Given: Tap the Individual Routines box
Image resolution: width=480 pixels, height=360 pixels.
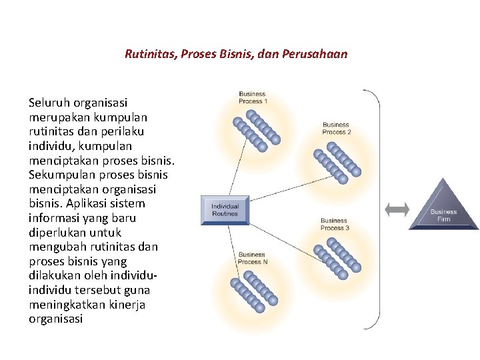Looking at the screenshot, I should click(x=225, y=210).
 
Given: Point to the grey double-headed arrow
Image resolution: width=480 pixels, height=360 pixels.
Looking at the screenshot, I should click(x=397, y=209).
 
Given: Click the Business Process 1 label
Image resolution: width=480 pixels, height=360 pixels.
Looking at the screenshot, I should click(x=252, y=97).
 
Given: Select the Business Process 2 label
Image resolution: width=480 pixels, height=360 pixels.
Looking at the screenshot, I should click(x=336, y=128).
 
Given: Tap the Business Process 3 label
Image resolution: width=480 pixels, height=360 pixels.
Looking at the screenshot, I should click(x=334, y=224).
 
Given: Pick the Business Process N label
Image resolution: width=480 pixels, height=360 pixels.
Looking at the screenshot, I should click(x=252, y=258).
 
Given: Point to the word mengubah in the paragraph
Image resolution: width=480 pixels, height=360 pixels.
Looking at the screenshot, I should click(x=55, y=247).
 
